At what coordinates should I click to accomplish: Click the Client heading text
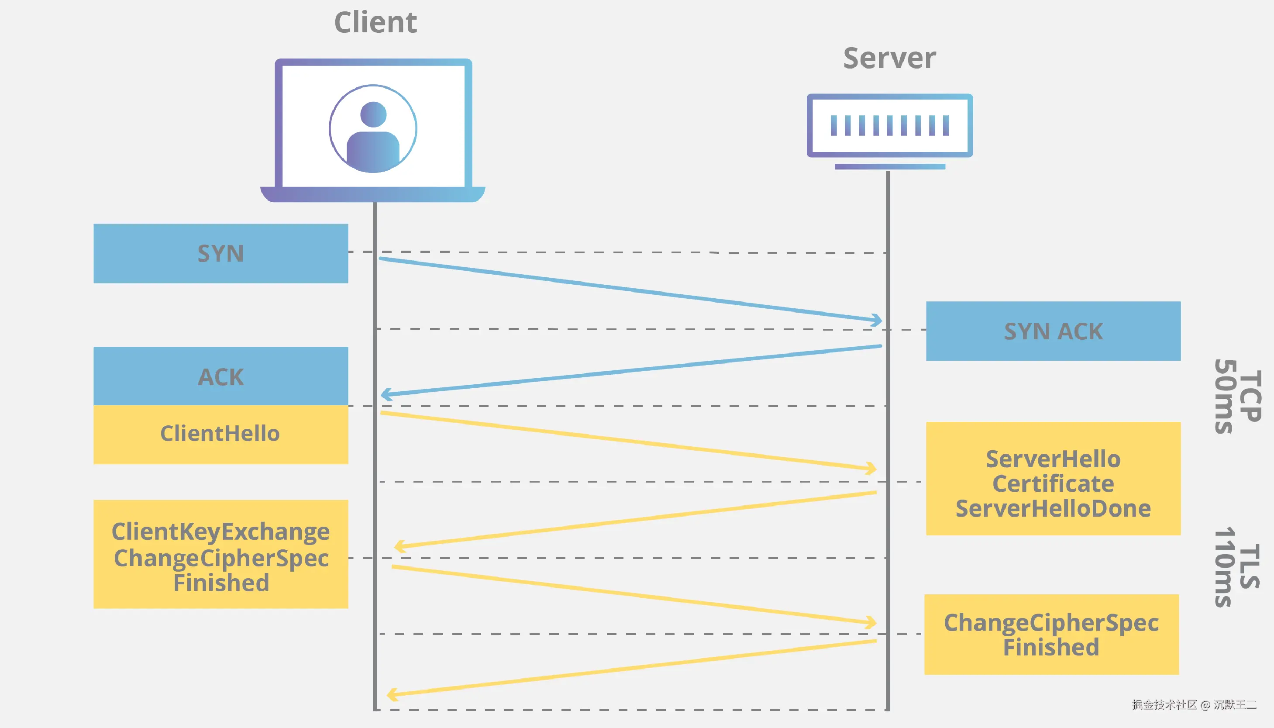pos(375,23)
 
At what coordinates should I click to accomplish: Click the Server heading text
pos(889,58)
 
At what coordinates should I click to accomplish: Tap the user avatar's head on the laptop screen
pos(373,114)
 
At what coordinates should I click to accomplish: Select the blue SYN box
pos(220,253)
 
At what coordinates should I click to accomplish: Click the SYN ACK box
pos(1053,331)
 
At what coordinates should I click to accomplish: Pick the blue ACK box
pos(220,376)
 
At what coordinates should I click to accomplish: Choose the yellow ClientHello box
pos(220,434)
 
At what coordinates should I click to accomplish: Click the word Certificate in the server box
pos(1053,483)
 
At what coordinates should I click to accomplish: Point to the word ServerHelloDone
pos(1053,508)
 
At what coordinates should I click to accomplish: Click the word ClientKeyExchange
pos(220,531)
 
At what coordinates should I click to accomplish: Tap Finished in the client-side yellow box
pos(221,583)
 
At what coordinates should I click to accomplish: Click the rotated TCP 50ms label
pos(1237,396)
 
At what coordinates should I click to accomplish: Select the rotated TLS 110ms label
pos(1237,566)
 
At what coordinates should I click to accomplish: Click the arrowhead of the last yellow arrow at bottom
pos(391,694)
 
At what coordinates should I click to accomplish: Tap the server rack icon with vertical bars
pos(889,125)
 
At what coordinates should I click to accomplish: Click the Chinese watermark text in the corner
pos(1194,704)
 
